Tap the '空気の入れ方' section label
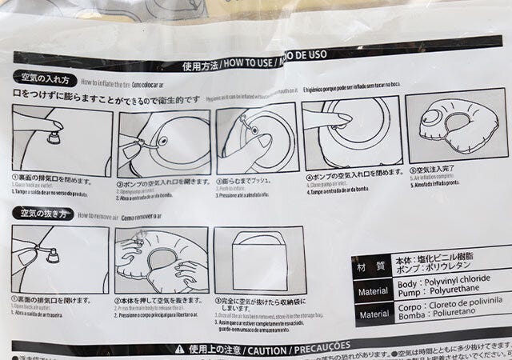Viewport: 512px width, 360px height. click(x=46, y=80)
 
